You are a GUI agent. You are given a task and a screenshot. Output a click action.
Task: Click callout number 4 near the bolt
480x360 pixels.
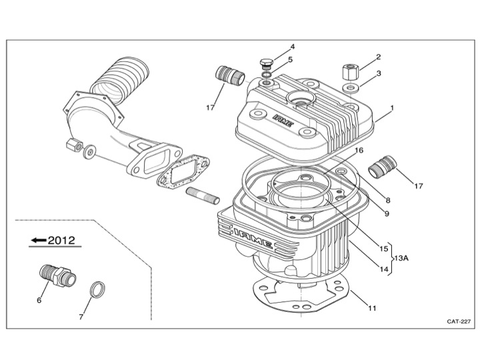[x=292, y=47]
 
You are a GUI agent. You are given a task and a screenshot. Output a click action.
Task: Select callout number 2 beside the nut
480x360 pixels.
[x=378, y=57]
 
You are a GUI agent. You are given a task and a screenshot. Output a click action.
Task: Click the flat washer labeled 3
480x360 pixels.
[x=349, y=88]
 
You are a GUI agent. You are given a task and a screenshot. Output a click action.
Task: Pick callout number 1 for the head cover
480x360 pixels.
[x=393, y=107]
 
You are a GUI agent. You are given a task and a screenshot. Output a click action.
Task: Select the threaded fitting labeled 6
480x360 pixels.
[x=54, y=275]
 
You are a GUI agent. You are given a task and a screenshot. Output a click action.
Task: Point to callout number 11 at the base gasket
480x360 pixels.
[x=373, y=308]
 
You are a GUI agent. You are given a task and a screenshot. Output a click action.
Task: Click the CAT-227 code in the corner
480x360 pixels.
[x=459, y=321]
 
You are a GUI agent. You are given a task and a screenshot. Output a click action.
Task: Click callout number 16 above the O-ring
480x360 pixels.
[x=359, y=151]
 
